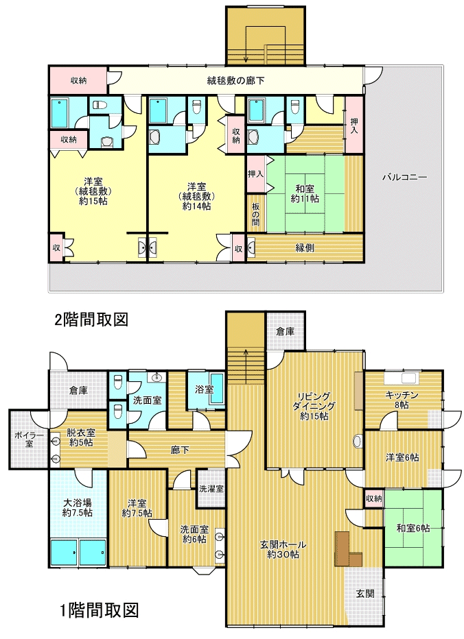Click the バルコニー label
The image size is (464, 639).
coord(404,178)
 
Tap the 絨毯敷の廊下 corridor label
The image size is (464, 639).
coord(235,80)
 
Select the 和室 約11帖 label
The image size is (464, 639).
coord(305,193)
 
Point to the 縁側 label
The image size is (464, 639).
coord(305,248)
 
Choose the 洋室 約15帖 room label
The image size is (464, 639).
coord(93,191)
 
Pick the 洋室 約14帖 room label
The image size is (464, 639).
coord(196,196)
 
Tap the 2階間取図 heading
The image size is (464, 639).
coord(91,320)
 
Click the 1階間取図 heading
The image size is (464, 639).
coord(99,610)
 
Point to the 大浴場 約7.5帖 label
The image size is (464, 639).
coord(78,507)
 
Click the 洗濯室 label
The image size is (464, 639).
coord(211,489)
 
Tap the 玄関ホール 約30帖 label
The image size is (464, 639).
coord(283,549)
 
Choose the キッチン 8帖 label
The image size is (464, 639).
coord(402,400)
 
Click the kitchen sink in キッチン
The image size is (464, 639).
coord(408,378)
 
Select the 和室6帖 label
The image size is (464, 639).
coord(413,528)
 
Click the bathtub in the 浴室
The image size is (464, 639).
coord(216,389)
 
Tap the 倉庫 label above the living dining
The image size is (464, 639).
coord(286,332)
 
